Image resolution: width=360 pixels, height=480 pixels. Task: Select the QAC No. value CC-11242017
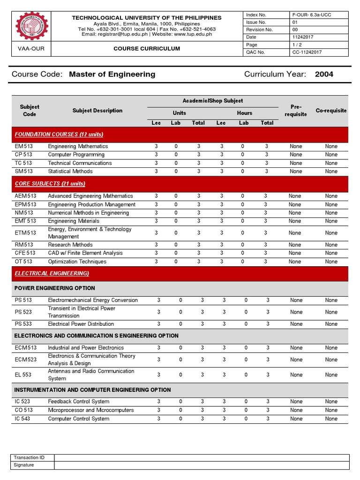pyautogui.click(x=306, y=52)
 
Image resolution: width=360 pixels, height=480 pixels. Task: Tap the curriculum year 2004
pyautogui.click(x=324, y=74)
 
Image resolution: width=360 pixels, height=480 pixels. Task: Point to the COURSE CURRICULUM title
pyautogui.click(x=146, y=49)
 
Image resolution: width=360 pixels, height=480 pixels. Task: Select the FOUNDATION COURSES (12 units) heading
pyautogui.click(x=59, y=135)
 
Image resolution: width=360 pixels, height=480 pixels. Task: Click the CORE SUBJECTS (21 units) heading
pyautogui.click(x=50, y=184)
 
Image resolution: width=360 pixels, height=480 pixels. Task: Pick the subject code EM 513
pyautogui.click(x=23, y=146)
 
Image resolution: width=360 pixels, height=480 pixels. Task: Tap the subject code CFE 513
pyautogui.click(x=25, y=253)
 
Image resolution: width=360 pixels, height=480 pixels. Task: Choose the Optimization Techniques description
pyautogui.click(x=77, y=262)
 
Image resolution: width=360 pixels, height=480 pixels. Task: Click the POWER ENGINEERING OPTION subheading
pyautogui.click(x=55, y=288)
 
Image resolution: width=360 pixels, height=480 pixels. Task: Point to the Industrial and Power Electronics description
pyautogui.click(x=86, y=348)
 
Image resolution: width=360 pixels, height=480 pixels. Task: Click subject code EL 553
pyautogui.click(x=23, y=375)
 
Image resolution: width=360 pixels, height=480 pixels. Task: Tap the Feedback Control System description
pyautogui.click(x=79, y=402)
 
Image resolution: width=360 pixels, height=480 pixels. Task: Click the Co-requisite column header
pyautogui.click(x=331, y=111)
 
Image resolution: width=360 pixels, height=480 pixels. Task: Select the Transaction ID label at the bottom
pyautogui.click(x=29, y=457)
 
